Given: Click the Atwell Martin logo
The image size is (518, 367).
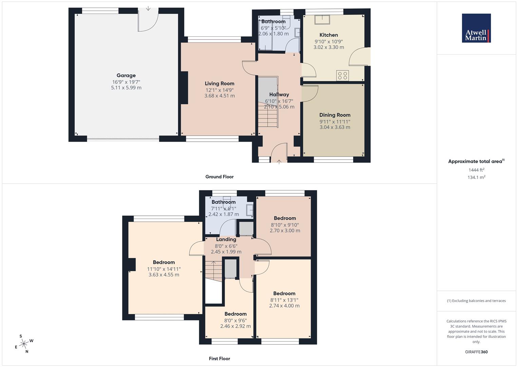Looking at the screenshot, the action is coord(476,28).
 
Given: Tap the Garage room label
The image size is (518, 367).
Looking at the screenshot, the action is coord(126,75).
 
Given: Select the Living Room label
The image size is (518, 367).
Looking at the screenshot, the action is coord(219,83).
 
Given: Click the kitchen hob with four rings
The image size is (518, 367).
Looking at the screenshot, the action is coord(343,75).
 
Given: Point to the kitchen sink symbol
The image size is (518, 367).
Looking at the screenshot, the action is coord(322,19).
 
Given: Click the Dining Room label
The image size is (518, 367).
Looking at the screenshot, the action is coord(335,115).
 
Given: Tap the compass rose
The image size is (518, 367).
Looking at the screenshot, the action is coord(24,344).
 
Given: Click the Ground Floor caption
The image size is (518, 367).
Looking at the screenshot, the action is coord(219,177).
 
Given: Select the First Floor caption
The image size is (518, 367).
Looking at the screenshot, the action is coord(219,359).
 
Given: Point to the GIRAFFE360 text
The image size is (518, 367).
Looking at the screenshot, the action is coord(476,352).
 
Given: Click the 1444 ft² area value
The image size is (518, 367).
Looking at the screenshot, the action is coord(476,170).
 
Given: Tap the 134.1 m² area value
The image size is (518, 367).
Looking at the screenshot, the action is coord(476,177).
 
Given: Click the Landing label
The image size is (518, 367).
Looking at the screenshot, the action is coord(226,239).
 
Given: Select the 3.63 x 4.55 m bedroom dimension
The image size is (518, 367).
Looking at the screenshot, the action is coord(164,275).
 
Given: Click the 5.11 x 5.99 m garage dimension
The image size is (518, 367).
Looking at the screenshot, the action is coord(126,88).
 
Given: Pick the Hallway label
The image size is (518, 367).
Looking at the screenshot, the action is coord(279,94).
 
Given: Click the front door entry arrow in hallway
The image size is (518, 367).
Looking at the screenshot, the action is coord(279,162).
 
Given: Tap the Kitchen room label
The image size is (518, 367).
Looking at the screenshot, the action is coord(329,35).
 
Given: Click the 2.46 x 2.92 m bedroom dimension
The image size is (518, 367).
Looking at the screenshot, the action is coord(235,326).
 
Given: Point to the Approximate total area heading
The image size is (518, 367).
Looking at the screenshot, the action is coord(476,161).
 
